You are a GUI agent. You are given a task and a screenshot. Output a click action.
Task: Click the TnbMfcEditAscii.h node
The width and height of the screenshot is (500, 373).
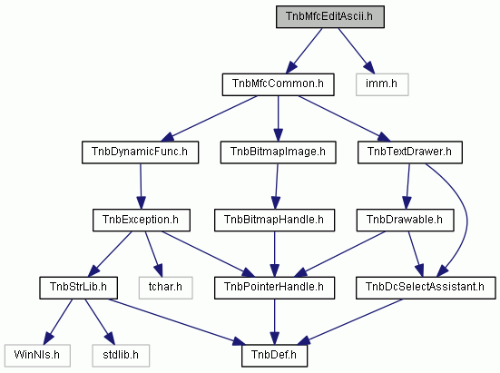pos(330,16)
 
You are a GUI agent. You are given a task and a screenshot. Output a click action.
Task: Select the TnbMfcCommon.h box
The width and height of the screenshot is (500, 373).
pos(278,84)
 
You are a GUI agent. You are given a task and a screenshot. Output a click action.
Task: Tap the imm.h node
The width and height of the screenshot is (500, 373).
pos(382,84)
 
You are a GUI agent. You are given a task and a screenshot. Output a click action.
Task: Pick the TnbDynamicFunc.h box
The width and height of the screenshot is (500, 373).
pos(140,152)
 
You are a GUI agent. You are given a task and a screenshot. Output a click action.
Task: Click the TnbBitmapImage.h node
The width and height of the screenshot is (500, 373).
pos(278,152)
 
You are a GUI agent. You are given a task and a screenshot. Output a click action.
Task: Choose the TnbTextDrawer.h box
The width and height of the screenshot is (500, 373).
pos(410,152)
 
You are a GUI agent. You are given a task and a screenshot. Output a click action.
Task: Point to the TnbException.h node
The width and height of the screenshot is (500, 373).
pos(142,220)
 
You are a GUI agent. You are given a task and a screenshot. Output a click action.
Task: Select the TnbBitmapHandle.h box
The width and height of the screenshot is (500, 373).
pos(274,220)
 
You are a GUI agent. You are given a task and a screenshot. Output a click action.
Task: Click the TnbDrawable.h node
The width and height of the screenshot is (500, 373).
pos(405,220)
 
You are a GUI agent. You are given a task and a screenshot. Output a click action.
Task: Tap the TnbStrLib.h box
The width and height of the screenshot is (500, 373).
pos(78,288)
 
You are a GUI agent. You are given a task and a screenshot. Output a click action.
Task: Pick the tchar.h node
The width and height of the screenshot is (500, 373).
pos(165,288)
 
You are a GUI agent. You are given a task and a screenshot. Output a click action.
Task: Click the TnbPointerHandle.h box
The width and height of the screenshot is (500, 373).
pos(274,288)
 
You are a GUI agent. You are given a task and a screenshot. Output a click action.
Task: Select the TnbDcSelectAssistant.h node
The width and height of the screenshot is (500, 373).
pos(426,288)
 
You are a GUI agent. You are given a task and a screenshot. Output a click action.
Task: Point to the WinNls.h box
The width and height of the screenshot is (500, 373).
pos(37,356)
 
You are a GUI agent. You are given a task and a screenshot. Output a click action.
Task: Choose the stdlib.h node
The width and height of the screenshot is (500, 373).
pos(121,356)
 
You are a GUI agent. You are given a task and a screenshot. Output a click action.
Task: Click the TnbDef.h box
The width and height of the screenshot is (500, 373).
pos(274,356)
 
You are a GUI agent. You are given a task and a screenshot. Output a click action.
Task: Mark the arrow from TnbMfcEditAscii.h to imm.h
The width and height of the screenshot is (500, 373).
pos(357,51)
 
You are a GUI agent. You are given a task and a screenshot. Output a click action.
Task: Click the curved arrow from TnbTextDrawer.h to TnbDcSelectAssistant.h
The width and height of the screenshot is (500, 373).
pos(466,220)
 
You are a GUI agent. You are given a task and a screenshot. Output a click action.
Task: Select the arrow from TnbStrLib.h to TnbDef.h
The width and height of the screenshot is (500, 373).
pos(177,322)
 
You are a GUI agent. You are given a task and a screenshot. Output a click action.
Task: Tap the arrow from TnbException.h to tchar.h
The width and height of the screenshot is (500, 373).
pos(153,254)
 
